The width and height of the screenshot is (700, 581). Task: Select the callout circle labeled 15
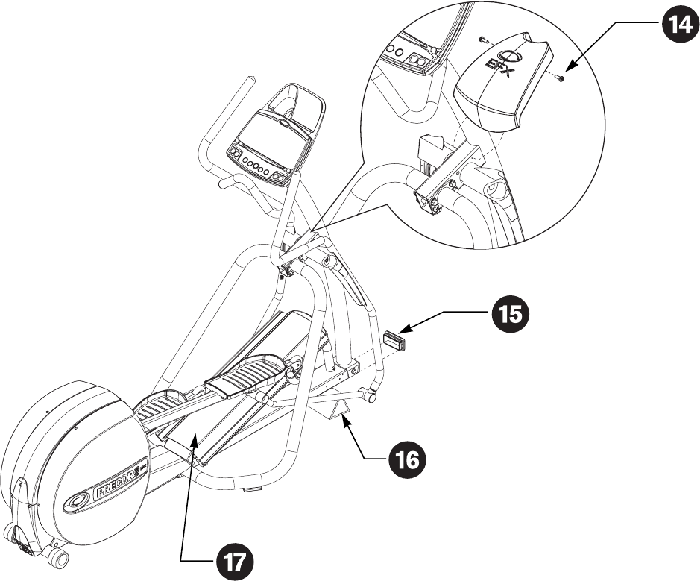[509, 314]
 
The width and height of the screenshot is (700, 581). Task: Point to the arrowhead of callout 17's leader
[196, 440]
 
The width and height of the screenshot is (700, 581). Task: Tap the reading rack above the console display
[297, 102]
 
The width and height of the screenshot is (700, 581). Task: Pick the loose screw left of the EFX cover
[485, 37]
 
